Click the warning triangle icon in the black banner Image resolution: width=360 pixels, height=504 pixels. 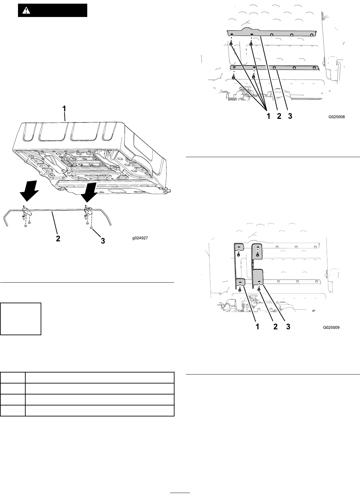pyautogui.click(x=26, y=10)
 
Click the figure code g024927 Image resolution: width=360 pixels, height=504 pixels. pyautogui.click(x=140, y=238)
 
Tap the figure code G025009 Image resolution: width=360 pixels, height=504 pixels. pyautogui.click(x=331, y=327)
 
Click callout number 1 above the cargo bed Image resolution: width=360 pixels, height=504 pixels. pyautogui.click(x=65, y=109)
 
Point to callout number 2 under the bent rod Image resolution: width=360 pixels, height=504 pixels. pyautogui.click(x=58, y=239)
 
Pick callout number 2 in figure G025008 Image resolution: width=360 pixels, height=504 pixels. pyautogui.click(x=279, y=117)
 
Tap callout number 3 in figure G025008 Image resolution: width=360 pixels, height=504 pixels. pyautogui.click(x=290, y=117)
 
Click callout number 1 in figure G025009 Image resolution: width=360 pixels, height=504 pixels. pyautogui.click(x=257, y=327)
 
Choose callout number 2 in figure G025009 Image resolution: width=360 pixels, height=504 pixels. pyautogui.click(x=275, y=327)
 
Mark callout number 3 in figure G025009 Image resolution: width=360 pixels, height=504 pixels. pyautogui.click(x=288, y=327)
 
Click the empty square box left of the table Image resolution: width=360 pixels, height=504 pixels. pyautogui.click(x=21, y=319)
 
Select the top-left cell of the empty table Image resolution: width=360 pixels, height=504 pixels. pyautogui.click(x=13, y=378)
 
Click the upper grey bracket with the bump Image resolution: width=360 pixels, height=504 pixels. pyautogui.click(x=273, y=33)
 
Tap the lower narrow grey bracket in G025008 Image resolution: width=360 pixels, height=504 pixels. pyautogui.click(x=275, y=68)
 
